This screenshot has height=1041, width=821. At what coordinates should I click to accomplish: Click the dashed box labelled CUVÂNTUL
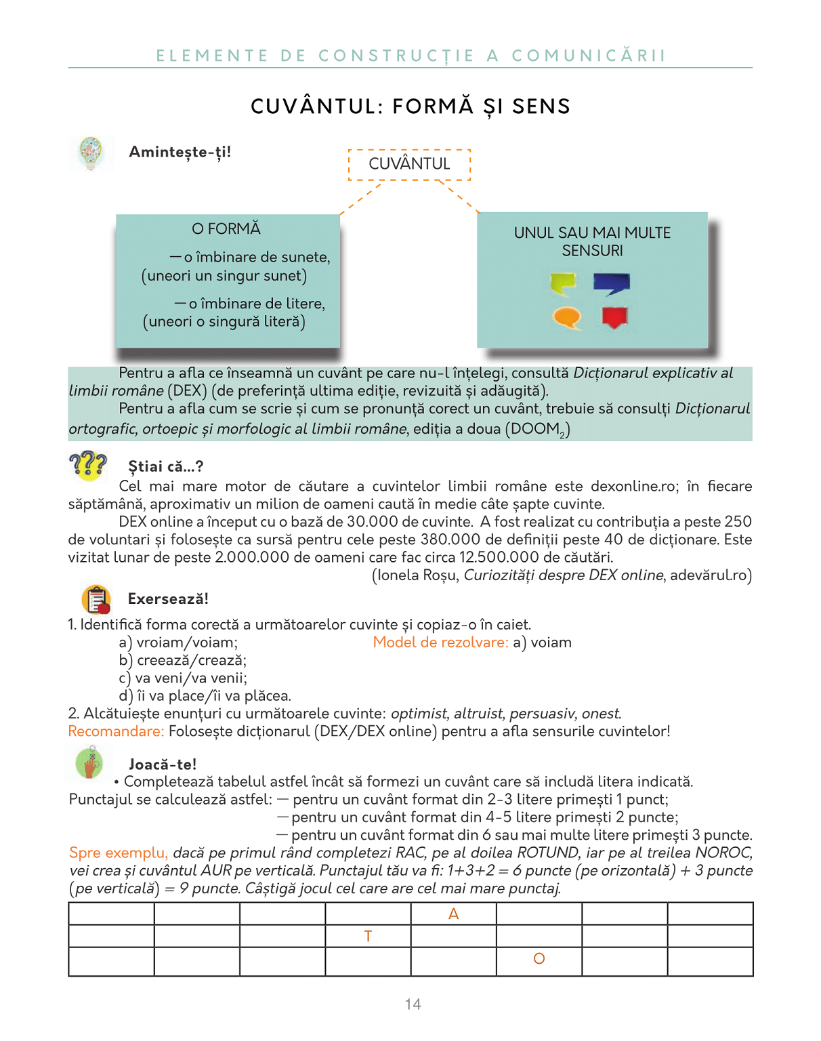[409, 164]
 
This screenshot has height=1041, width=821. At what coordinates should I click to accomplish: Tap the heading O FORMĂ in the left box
[226, 229]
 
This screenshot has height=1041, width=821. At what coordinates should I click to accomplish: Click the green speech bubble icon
[563, 283]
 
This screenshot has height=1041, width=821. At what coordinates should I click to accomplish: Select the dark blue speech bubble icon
[612, 283]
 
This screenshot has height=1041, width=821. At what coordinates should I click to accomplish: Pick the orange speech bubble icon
[567, 317]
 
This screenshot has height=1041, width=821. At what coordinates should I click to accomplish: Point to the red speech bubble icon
[614, 317]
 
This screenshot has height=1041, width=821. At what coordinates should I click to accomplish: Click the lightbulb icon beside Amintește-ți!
[90, 152]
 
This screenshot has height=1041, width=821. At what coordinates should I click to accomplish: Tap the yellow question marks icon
[88, 466]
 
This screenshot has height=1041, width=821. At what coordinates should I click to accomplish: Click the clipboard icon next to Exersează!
[96, 599]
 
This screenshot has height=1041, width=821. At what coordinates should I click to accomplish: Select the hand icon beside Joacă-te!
[90, 763]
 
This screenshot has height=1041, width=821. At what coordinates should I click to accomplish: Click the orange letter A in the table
[454, 914]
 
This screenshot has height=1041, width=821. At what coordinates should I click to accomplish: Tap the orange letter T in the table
[368, 937]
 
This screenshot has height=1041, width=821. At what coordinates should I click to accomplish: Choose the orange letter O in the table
[539, 959]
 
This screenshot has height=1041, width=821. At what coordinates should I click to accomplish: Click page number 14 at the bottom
[413, 1004]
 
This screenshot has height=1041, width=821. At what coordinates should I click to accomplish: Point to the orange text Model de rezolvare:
[440, 642]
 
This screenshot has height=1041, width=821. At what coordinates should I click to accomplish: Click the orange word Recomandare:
[116, 732]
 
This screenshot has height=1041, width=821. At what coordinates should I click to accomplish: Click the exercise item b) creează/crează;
[183, 660]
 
